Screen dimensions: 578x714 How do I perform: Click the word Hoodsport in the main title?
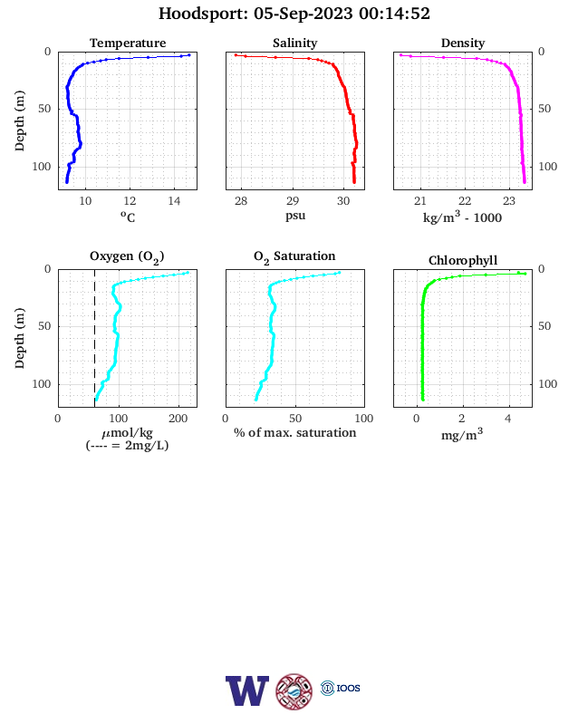tap(203, 14)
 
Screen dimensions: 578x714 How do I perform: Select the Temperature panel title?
tap(128, 43)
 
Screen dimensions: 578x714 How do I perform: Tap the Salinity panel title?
tap(295, 43)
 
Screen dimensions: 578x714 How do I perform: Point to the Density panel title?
tap(463, 43)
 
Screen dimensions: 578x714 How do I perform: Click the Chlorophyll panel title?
tap(463, 260)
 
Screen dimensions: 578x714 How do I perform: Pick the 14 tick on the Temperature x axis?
tap(174, 201)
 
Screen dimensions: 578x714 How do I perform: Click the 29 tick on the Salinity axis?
tap(293, 201)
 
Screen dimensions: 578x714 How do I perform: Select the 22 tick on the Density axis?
tap(464, 201)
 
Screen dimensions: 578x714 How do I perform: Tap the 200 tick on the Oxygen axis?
tap(178, 419)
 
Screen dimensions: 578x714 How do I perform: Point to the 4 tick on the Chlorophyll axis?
tap(508, 419)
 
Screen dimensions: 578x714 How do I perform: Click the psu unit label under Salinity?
tap(295, 216)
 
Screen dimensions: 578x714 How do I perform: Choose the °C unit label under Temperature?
tap(128, 217)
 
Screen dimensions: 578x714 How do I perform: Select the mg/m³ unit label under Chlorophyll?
tap(462, 434)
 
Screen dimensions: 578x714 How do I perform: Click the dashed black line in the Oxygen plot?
tap(94, 338)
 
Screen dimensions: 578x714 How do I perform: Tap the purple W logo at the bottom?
tap(247, 690)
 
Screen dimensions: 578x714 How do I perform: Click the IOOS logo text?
tap(349, 688)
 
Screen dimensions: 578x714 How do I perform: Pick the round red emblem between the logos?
tap(294, 691)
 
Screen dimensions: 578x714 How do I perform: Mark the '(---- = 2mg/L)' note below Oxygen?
tap(127, 445)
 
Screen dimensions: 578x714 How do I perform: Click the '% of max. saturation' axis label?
tap(295, 432)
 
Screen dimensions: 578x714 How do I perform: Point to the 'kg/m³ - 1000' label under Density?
tap(462, 217)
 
